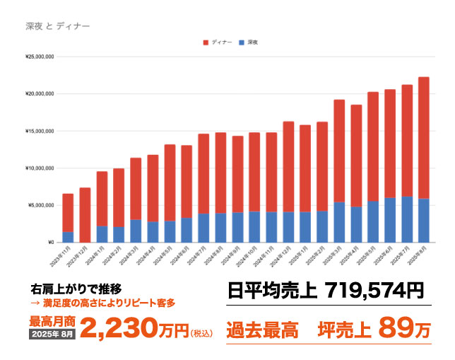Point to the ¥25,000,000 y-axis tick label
click(40, 56)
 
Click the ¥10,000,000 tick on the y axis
click(40, 168)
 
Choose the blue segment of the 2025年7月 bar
click(407, 219)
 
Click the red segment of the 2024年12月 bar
click(288, 166)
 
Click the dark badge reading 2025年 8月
click(53, 333)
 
